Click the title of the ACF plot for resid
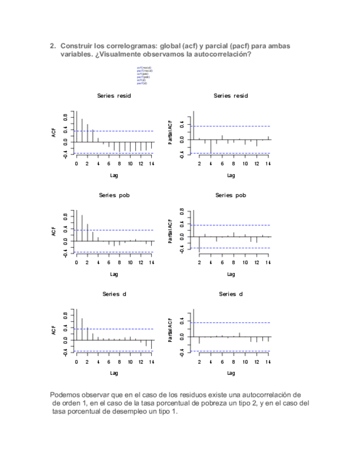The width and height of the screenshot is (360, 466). point(114,96)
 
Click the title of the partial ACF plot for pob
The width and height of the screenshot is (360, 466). point(231,195)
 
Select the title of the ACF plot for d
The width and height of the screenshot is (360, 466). point(114,294)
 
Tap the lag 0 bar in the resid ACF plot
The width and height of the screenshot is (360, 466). point(76,126)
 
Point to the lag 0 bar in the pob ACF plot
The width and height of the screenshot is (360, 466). point(76,225)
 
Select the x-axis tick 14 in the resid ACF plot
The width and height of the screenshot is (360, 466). point(152,163)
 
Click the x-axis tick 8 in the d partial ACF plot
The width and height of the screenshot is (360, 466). point(234,362)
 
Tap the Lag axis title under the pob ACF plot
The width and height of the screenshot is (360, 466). point(114,274)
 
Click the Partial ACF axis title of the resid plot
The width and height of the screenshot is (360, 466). point(171,132)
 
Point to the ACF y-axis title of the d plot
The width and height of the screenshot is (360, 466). point(54,330)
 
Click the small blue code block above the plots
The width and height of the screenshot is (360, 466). point(144,75)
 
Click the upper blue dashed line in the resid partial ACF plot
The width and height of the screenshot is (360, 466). point(231,126)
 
